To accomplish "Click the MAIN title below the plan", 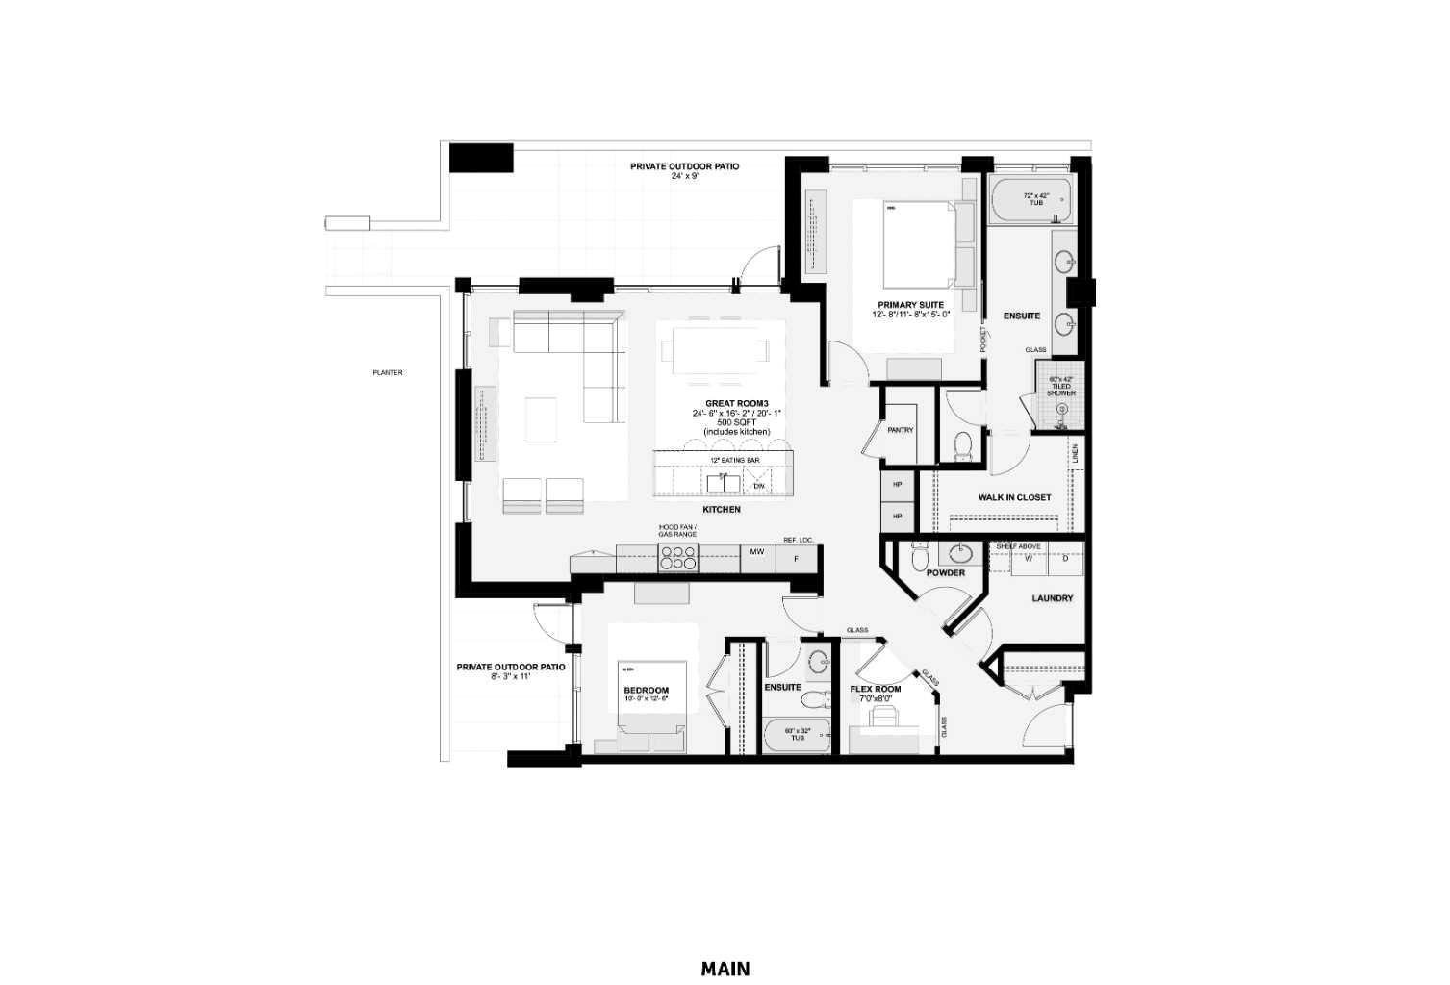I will [x=725, y=968].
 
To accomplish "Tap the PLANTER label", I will [x=388, y=372].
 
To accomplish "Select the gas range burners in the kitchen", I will [x=677, y=557].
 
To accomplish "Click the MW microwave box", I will [x=757, y=552].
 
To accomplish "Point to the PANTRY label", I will [x=900, y=430].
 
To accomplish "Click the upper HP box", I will [x=898, y=485].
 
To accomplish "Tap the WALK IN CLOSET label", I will [x=1014, y=497].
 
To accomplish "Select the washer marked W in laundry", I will [x=1028, y=557].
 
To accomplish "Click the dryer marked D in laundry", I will [x=1065, y=557].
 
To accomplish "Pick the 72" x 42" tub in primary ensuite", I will [x=1031, y=201].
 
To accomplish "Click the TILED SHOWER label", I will [x=1061, y=390].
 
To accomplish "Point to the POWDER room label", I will [x=945, y=572].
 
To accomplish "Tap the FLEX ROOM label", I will [x=876, y=689].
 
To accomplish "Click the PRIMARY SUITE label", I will [x=910, y=305].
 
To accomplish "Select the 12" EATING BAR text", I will [x=735, y=461].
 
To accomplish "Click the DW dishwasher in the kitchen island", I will [x=758, y=485].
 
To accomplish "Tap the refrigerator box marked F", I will [x=795, y=557].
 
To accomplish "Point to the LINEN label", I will [x=1075, y=451].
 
